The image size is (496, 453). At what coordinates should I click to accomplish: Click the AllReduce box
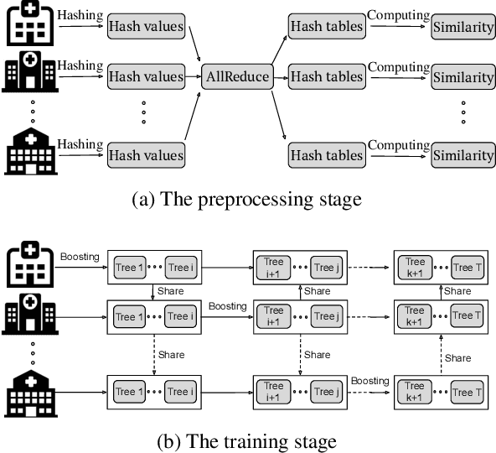tap(237, 77)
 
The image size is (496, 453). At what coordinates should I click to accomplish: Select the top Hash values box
tap(145, 27)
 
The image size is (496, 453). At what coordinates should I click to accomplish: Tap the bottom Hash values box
tap(145, 155)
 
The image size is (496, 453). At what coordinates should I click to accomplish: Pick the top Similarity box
tap(463, 28)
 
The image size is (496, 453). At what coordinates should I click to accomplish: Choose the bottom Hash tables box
tap(327, 155)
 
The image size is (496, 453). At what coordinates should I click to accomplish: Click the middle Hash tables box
tap(327, 77)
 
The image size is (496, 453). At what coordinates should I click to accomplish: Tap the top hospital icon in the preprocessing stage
tap(28, 26)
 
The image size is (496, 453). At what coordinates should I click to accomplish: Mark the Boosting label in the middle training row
tap(226, 306)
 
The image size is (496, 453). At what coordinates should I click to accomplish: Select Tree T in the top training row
tap(464, 268)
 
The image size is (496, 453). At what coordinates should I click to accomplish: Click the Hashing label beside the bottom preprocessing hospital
tap(80, 143)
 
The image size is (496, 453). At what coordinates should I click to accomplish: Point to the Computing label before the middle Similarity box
tap(399, 65)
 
